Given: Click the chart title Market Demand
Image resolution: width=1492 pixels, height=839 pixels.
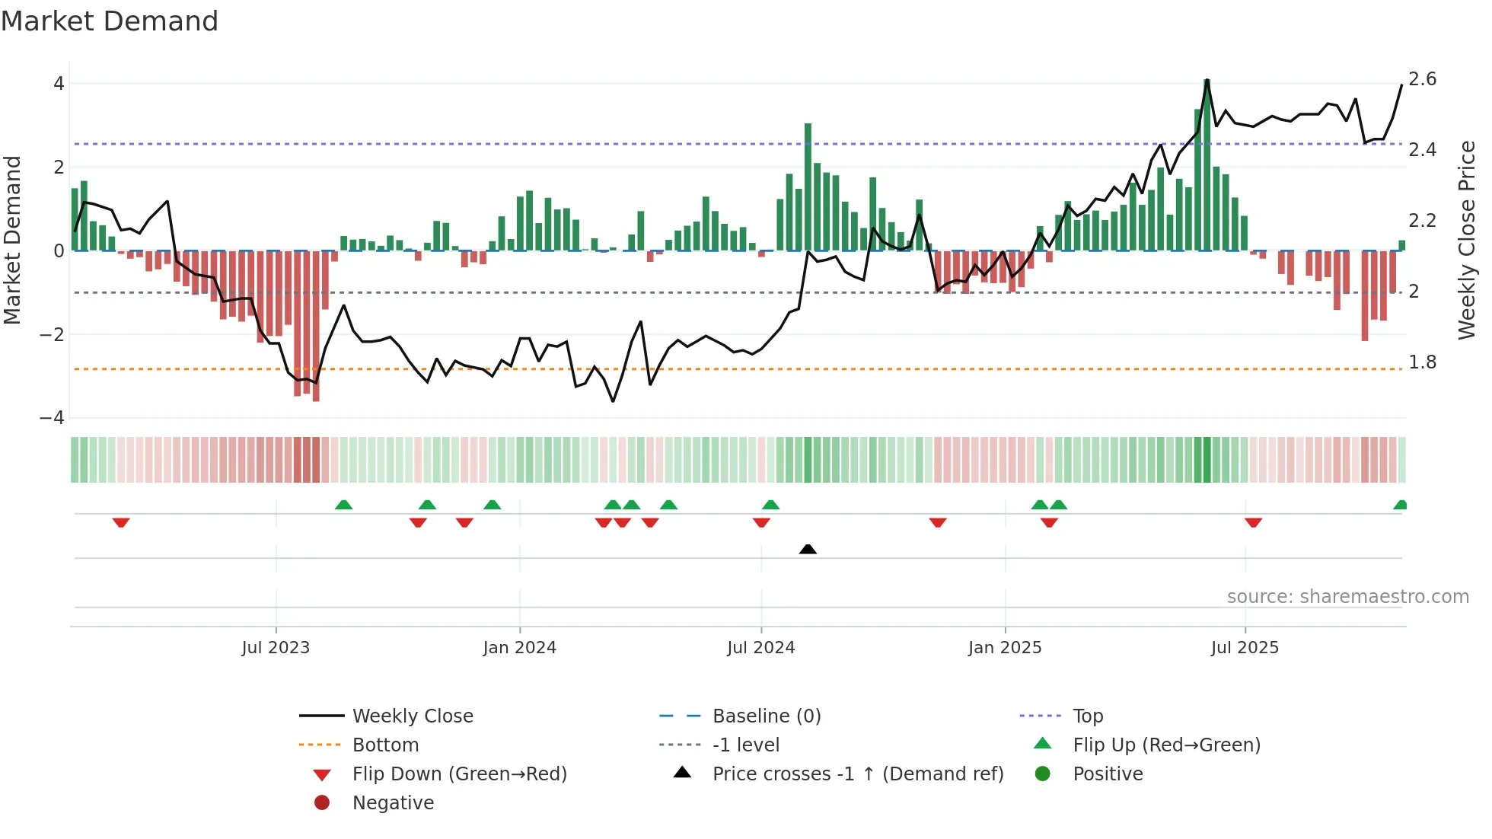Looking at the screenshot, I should pos(110,21).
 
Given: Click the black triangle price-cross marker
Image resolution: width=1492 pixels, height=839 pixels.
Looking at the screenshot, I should pos(808,549).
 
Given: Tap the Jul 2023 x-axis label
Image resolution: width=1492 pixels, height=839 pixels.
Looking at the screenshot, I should pos(276,648).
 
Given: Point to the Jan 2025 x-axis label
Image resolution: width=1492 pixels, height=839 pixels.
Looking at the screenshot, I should pos(1005,648).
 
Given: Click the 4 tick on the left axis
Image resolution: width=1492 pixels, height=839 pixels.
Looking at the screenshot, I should pos(59,84).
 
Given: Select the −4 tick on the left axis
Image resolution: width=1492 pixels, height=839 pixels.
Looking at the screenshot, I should pos(52,418).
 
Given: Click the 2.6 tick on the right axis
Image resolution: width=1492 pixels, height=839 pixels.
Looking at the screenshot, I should pos(1422,79).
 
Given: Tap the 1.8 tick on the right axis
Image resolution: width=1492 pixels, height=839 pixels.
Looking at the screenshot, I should pos(1422,362).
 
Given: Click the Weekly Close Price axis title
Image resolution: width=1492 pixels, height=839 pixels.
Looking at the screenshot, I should pos(1467,240).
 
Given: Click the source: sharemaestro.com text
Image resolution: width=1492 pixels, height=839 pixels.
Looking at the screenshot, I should pos(1347,597).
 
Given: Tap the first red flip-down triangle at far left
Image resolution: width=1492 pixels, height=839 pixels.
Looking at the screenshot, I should pos(121,522).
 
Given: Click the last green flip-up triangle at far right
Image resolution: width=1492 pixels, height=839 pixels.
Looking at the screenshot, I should pos(1400,505).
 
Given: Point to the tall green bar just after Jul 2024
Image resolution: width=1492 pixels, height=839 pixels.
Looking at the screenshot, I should pos(808,187).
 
